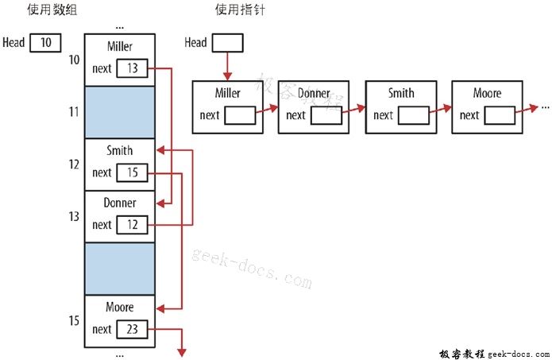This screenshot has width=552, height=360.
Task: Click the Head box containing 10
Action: [46, 42]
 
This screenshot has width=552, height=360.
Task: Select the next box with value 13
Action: [132, 68]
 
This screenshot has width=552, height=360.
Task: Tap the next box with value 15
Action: [132, 172]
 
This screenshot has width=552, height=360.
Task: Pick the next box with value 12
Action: [132, 225]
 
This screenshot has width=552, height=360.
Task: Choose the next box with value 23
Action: [132, 329]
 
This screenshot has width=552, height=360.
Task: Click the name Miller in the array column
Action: [119, 47]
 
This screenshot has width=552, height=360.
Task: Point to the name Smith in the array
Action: [119, 151]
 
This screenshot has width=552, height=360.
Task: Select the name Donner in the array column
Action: [119, 203]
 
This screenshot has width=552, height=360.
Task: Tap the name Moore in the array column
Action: [119, 308]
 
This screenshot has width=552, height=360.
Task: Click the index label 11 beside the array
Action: [73, 112]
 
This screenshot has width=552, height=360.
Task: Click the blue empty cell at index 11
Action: [119, 112]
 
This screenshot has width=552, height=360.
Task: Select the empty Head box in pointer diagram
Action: [227, 42]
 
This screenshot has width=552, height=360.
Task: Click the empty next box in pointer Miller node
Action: [240, 115]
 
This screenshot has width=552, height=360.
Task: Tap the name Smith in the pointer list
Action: [401, 94]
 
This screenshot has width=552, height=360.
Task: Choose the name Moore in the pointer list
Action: [487, 94]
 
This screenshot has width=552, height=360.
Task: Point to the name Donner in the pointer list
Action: [314, 94]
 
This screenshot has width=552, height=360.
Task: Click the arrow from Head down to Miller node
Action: [227, 65]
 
